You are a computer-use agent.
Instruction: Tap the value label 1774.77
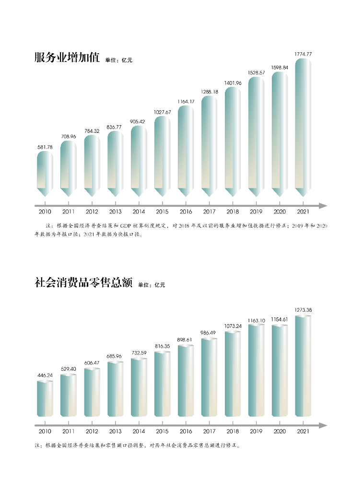coord(303,54)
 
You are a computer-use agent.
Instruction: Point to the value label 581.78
coord(45,147)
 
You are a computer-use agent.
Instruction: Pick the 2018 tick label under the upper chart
coord(233,211)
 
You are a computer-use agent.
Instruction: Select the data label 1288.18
coord(210,92)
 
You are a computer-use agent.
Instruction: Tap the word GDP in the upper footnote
coord(126,225)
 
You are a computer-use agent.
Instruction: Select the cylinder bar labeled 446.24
coord(45,398)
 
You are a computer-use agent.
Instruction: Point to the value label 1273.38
coord(303,310)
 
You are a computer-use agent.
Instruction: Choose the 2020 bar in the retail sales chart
coord(280,370)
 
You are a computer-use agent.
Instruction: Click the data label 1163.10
coord(256,319)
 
